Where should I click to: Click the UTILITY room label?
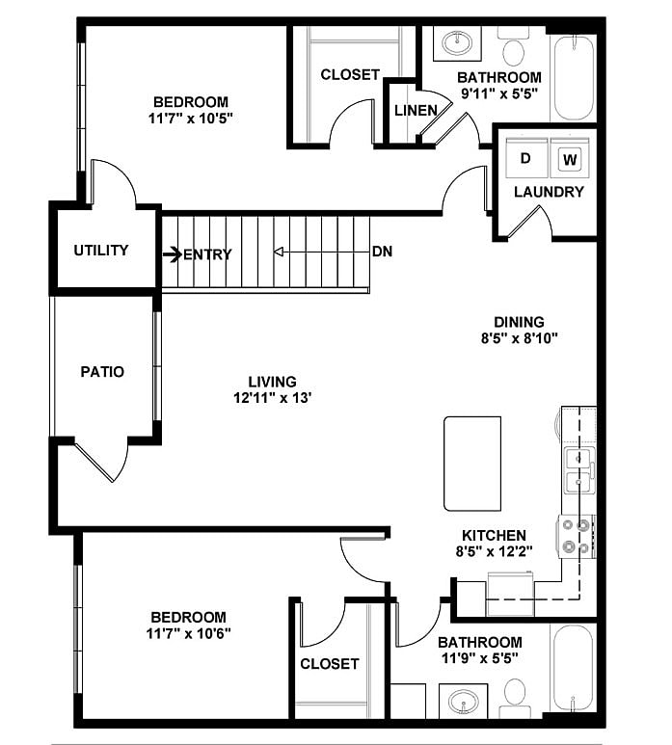(x=101, y=251)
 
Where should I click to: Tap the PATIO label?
(x=101, y=371)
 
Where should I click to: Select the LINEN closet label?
(x=415, y=110)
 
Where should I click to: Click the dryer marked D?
(x=525, y=157)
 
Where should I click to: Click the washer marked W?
(x=570, y=158)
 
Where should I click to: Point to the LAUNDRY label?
(x=549, y=192)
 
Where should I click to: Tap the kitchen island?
(x=472, y=463)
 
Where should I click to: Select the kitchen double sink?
(x=578, y=469)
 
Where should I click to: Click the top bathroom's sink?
(x=456, y=43)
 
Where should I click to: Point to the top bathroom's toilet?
(x=513, y=48)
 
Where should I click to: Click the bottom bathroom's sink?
(x=457, y=699)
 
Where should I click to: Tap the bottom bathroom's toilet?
(x=515, y=694)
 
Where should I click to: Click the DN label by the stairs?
(x=382, y=253)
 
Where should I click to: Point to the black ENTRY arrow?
(x=172, y=254)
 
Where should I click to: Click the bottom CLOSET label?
(x=329, y=664)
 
